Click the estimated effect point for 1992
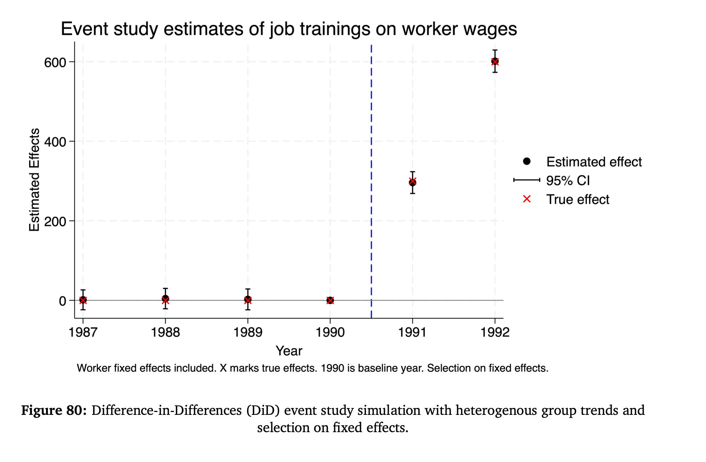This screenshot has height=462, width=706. point(495,61)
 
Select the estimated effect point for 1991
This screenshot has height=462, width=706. point(413,182)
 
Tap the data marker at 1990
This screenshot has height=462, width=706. point(330,300)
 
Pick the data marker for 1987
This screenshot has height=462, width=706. point(83,300)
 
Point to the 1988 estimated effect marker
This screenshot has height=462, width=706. point(165,299)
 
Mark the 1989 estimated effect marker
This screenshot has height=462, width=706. point(248,299)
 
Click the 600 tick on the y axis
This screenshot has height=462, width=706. point(55,63)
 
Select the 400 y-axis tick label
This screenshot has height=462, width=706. point(55,142)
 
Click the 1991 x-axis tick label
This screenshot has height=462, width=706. point(412,332)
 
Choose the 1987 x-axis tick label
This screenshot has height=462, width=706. point(83,332)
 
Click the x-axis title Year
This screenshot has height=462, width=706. point(289,351)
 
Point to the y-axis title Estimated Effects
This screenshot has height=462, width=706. point(34,180)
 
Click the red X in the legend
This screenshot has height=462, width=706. point(527,199)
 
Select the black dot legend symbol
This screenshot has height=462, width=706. point(527,161)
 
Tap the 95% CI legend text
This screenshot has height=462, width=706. point(568,181)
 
